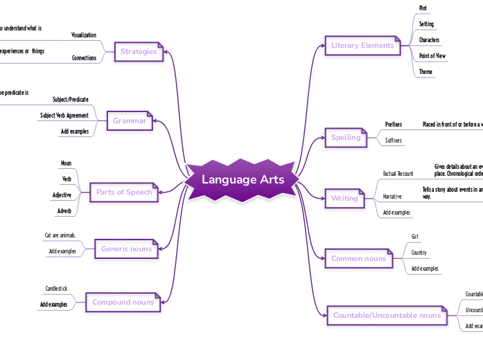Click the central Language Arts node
pyautogui.click(x=243, y=180)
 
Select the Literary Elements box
pyautogui.click(x=362, y=46)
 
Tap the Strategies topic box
pyautogui.click(x=139, y=51)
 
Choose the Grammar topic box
pyautogui.click(x=130, y=120)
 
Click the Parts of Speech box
pyautogui.click(x=124, y=192)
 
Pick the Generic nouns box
pyautogui.click(x=127, y=249)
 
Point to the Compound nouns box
pyautogui.click(x=123, y=302)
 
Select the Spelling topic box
pyautogui.click(x=346, y=137)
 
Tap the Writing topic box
pyautogui.click(x=344, y=198)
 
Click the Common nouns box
pyautogui.click(x=358, y=258)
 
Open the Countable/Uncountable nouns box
pyautogui.click(x=387, y=315)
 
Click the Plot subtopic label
pyautogui.click(x=423, y=8)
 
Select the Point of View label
pyautogui.click(x=432, y=55)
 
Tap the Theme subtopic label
pyautogui.click(x=425, y=71)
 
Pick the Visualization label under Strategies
pyautogui.click(x=84, y=35)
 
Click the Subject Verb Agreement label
pyautogui.click(x=64, y=115)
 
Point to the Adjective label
pyautogui.click(x=62, y=195)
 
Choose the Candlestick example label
pyautogui.click(x=56, y=288)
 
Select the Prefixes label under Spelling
pyautogui.click(x=394, y=125)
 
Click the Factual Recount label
pyautogui.click(x=398, y=173)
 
